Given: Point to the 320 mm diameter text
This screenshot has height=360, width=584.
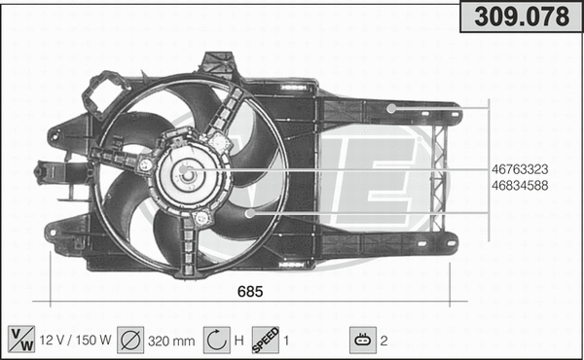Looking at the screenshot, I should [170, 341].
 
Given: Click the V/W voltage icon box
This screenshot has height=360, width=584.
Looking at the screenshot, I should [19, 340].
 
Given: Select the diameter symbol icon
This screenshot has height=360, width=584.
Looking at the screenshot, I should [130, 340].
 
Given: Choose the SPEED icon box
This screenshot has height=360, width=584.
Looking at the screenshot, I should [266, 340].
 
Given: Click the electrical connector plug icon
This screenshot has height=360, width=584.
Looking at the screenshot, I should [362, 340].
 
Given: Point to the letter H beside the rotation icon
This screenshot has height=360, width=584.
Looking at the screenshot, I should [239, 341].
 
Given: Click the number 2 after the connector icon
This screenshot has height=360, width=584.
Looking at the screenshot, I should [384, 341].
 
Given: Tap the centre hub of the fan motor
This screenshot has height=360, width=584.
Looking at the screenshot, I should [189, 175].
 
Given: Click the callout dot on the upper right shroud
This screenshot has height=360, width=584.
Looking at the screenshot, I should [390, 108].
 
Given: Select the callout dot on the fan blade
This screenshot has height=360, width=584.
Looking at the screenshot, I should [249, 211].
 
